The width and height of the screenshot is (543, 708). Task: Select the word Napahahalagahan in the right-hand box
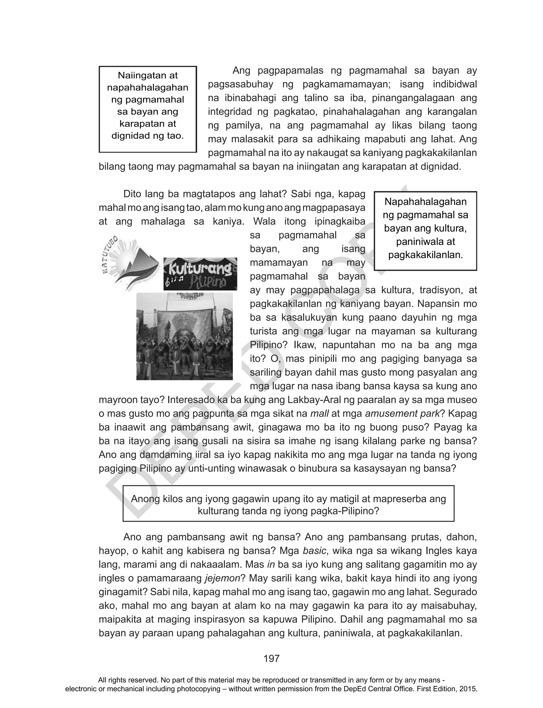click(425, 202)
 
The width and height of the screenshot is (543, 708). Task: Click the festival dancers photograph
click(185, 336)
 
